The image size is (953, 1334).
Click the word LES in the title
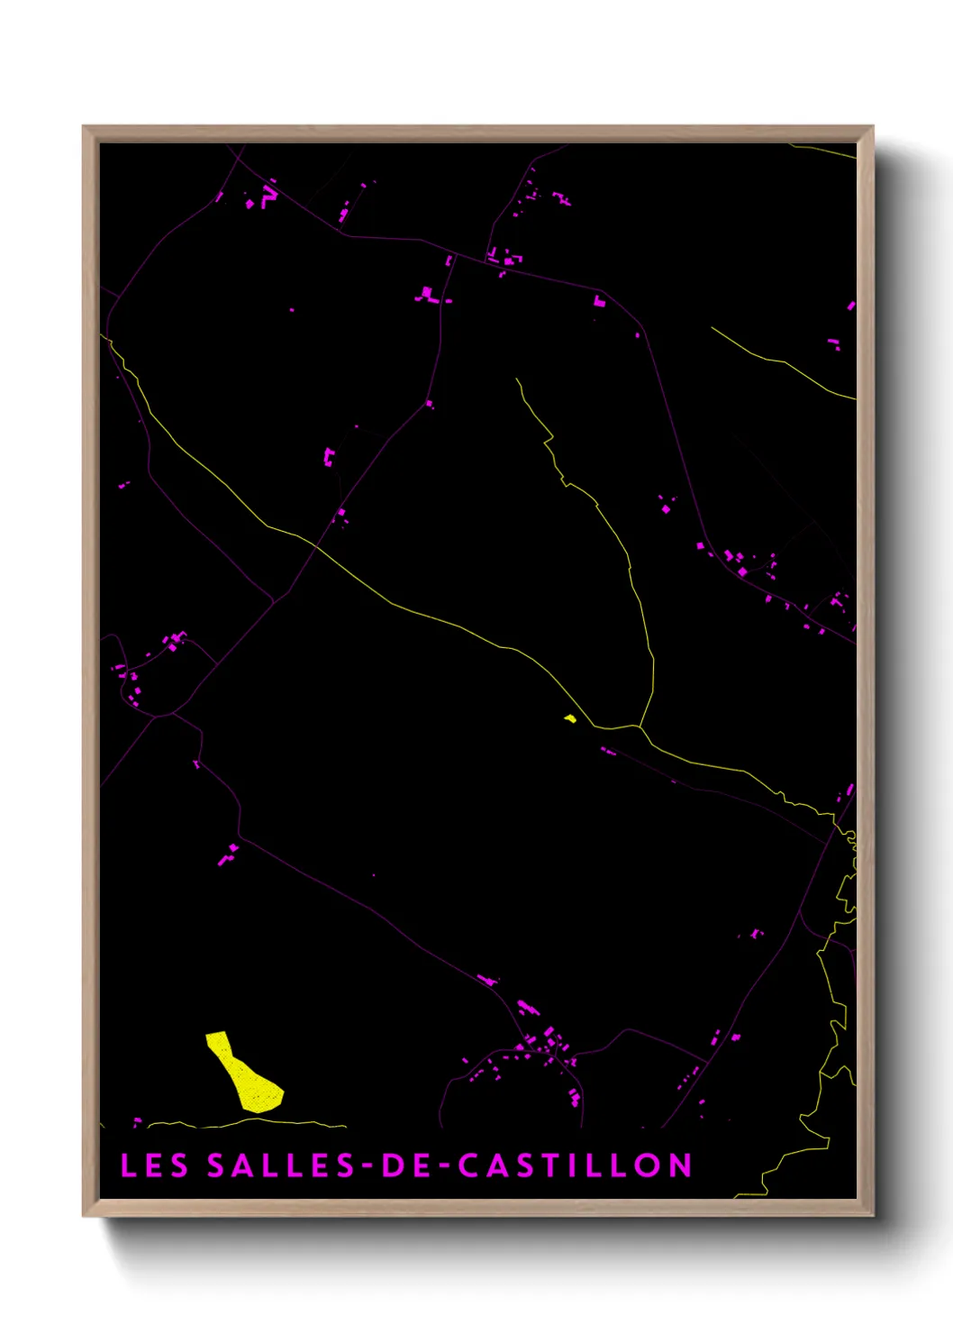pyautogui.click(x=154, y=1165)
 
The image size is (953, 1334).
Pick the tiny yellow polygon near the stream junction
pyautogui.click(x=569, y=718)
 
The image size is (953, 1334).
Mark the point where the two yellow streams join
pyautogui.click(x=639, y=726)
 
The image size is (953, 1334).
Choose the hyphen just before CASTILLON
pyautogui.click(x=441, y=1166)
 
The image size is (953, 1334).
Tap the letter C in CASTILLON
pyautogui.click(x=469, y=1165)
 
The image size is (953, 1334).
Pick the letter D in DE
pyautogui.click(x=394, y=1165)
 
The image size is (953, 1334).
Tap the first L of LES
pyautogui.click(x=128, y=1165)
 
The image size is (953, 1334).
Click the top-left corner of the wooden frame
pyautogui.click(x=84, y=127)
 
